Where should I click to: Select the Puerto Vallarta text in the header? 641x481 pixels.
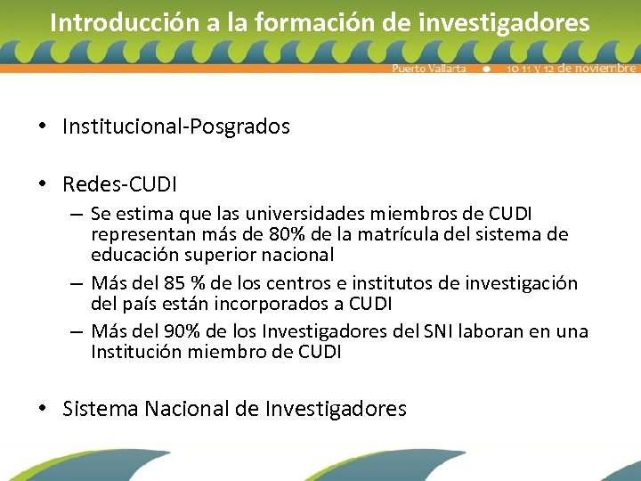[x=429, y=69]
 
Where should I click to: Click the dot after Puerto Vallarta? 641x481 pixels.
[x=486, y=69]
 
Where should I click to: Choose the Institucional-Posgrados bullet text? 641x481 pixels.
[x=176, y=127]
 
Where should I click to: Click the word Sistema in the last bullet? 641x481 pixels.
[x=101, y=409]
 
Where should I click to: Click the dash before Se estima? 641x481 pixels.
[x=77, y=215]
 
